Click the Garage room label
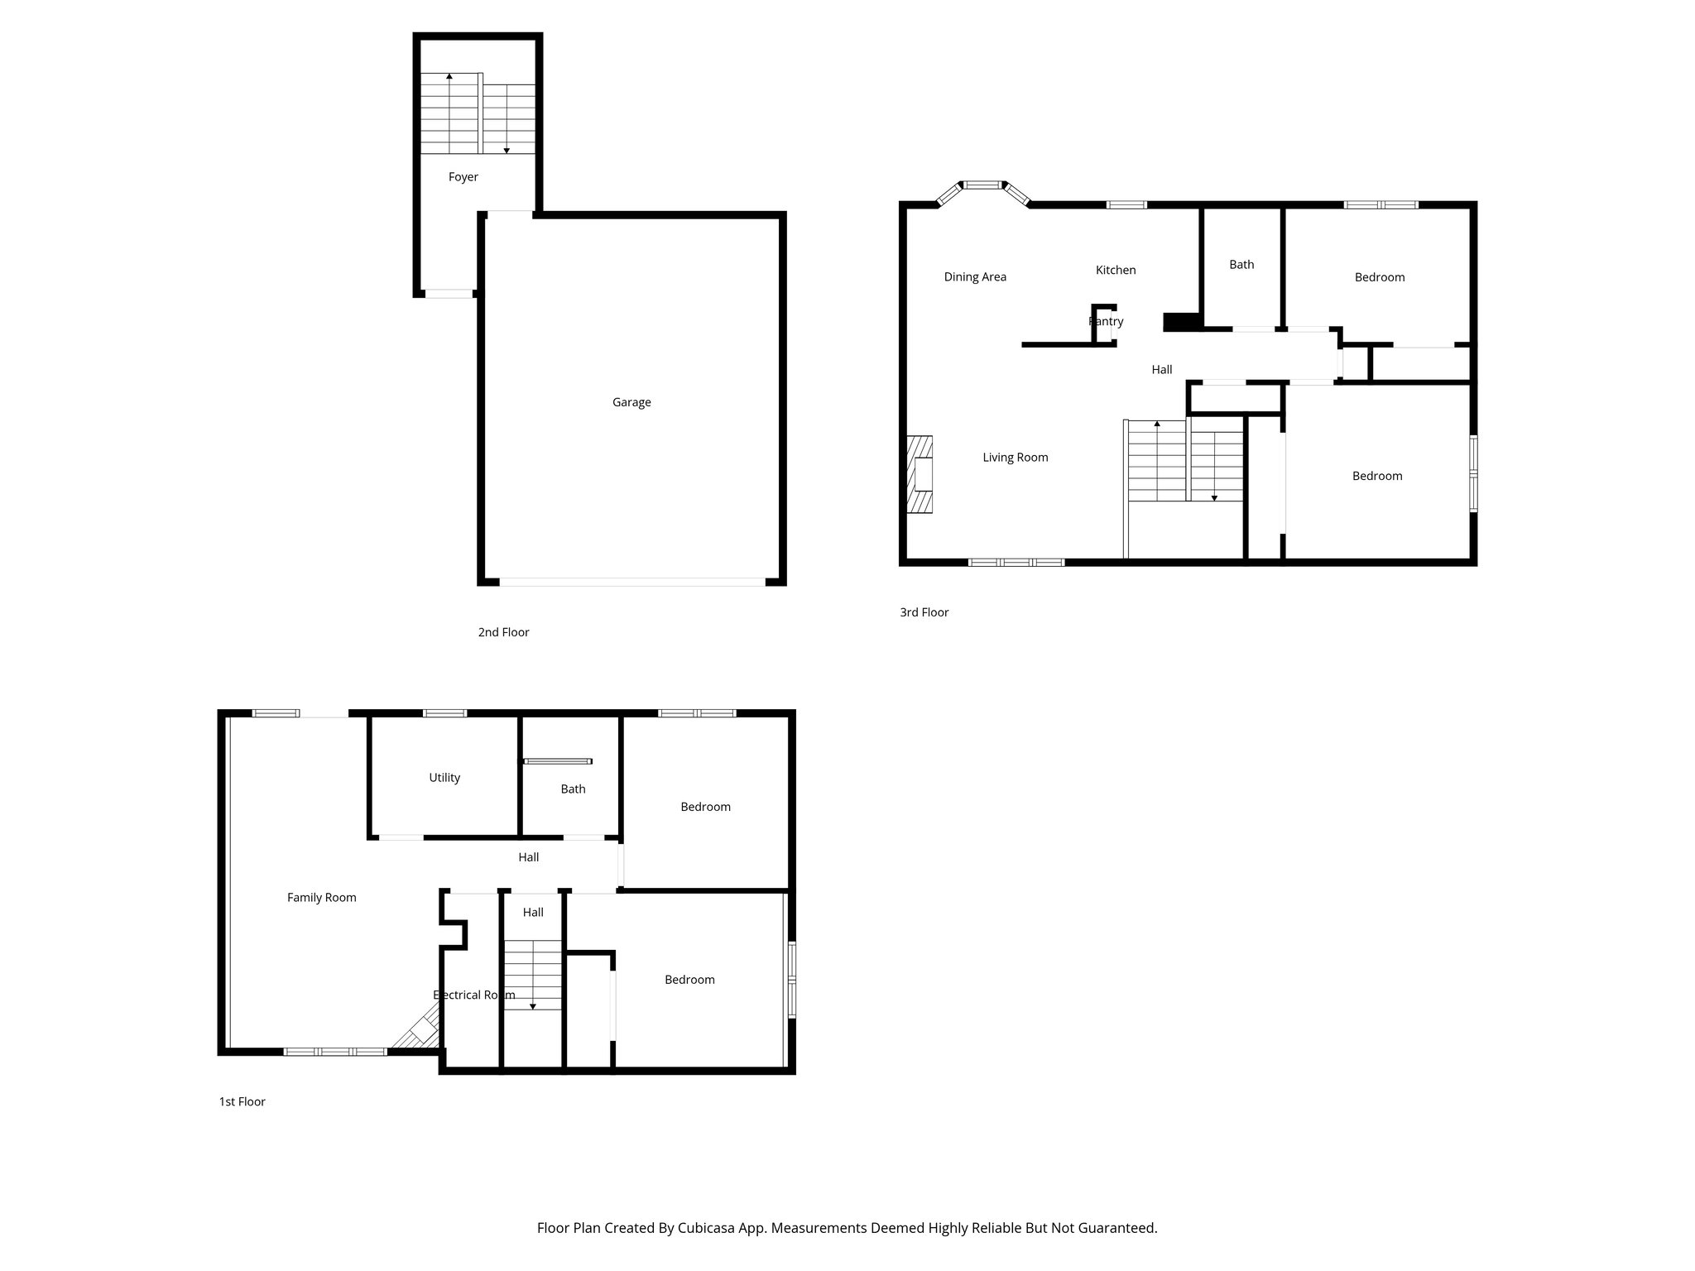coord(631,402)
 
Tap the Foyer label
coord(463,177)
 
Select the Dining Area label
coord(975,277)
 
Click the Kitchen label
coord(1116,270)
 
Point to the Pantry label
coord(1106,321)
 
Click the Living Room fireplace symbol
coord(920,476)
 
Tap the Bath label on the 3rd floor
coord(1241,265)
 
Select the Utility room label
coord(444,778)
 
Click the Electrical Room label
coord(474,995)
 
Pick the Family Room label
coord(322,898)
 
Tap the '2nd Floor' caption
coord(503,632)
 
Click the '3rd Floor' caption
coord(924,612)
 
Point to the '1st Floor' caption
coord(242,1101)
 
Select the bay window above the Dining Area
coord(983,186)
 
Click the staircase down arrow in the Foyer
coord(507,150)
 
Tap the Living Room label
coord(1016,458)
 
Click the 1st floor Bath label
coord(573,789)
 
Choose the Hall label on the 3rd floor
coord(1162,370)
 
